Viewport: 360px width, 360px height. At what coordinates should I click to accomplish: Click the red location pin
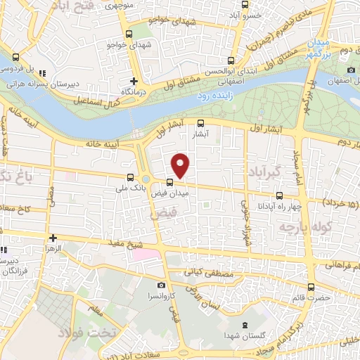click(x=181, y=165)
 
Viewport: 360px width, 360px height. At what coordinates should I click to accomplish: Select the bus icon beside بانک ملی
click(x=129, y=178)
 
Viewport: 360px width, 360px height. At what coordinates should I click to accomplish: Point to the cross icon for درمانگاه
click(x=134, y=81)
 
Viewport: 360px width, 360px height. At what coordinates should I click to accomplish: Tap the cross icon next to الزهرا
click(x=53, y=238)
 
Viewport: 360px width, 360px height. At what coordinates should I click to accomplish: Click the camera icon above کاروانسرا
click(x=162, y=285)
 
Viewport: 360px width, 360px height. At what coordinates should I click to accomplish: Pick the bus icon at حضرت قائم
click(x=311, y=286)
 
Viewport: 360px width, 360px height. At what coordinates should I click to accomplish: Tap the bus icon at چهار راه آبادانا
click(x=279, y=196)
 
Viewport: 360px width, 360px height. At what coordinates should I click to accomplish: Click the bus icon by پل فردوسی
click(x=15, y=58)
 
